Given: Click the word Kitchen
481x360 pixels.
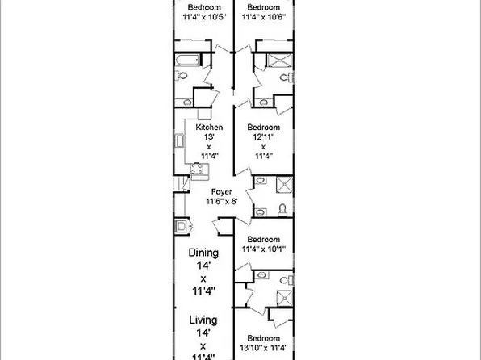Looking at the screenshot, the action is (209, 127).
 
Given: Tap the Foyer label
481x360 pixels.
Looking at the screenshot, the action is (221, 192).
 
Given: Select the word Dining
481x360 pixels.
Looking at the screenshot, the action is (203, 253).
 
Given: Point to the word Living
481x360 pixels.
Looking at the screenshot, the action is (203, 320).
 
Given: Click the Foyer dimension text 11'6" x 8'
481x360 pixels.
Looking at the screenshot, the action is (222, 202).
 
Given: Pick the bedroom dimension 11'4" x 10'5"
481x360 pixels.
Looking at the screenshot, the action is (204, 17).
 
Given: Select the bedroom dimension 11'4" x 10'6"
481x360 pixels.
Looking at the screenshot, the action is (264, 17).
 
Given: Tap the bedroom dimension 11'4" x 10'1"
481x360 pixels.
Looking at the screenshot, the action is (264, 249).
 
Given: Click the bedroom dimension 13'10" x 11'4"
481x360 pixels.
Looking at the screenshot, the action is (264, 348).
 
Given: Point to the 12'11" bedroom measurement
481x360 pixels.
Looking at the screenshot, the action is (264, 136).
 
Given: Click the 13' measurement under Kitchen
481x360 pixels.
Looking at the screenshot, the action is (209, 136).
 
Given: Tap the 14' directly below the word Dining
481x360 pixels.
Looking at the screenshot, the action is (203, 266).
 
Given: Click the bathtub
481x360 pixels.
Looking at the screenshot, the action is (187, 60).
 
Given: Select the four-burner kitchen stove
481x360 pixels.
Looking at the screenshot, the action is (197, 168).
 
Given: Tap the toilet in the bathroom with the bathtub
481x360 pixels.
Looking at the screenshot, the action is (182, 75).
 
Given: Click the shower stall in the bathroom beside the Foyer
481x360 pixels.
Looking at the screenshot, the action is (284, 185).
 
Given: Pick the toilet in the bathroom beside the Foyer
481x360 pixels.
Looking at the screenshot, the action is (282, 209).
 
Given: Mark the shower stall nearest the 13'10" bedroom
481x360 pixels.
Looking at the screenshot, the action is (285, 299).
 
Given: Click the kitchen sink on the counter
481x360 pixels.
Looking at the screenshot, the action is (179, 141).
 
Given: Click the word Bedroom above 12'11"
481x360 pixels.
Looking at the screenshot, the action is (264, 127).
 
